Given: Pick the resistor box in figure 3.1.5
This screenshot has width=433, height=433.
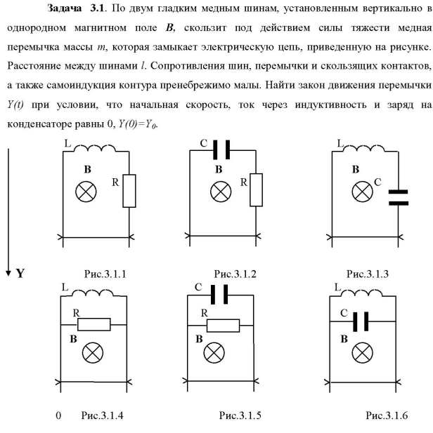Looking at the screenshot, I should tap(223, 326).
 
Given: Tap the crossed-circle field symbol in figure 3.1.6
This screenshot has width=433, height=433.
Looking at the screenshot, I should tap(361, 352).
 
